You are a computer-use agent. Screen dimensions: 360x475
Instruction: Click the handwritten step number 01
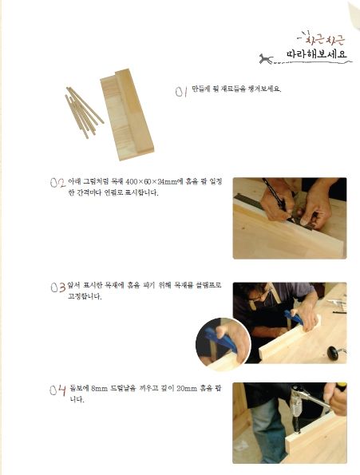[180, 91]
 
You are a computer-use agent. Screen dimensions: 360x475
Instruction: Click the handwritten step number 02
[57, 183]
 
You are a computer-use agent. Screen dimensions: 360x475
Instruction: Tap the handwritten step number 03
[58, 287]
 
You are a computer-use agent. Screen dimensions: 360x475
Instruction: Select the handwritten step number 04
[57, 390]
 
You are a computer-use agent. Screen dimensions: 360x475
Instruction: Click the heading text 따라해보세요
[317, 54]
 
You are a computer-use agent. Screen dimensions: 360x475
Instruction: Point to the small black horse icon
[266, 59]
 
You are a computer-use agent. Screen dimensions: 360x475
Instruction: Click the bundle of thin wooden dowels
[83, 112]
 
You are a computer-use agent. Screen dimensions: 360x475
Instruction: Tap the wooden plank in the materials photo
[127, 114]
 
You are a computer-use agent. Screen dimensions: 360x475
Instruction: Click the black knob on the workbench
[334, 353]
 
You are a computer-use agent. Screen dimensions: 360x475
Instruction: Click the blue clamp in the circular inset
[221, 339]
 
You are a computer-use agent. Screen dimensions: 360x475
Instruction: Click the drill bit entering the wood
[297, 422]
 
